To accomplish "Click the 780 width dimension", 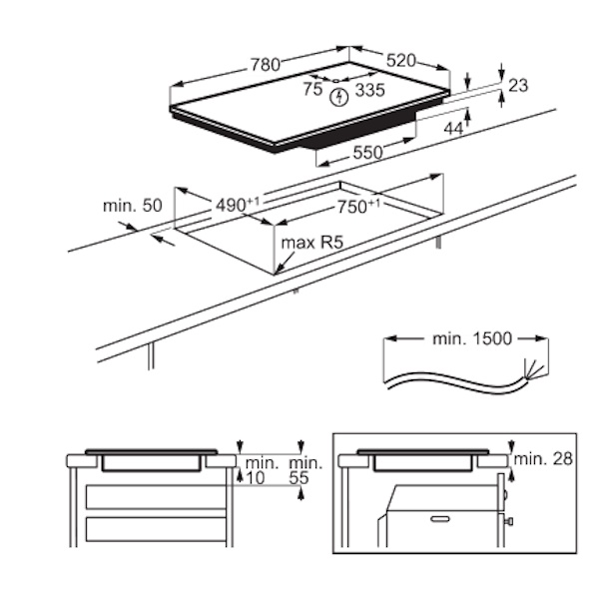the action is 266,65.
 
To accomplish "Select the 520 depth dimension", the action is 400,61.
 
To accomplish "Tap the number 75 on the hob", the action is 312,90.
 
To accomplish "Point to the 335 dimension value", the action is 369,90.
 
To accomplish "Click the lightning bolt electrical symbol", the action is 339,97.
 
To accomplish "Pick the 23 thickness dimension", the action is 518,85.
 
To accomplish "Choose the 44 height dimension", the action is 453,129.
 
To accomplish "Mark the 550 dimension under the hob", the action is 367,153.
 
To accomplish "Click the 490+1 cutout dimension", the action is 238,205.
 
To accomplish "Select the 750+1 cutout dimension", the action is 358,207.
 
